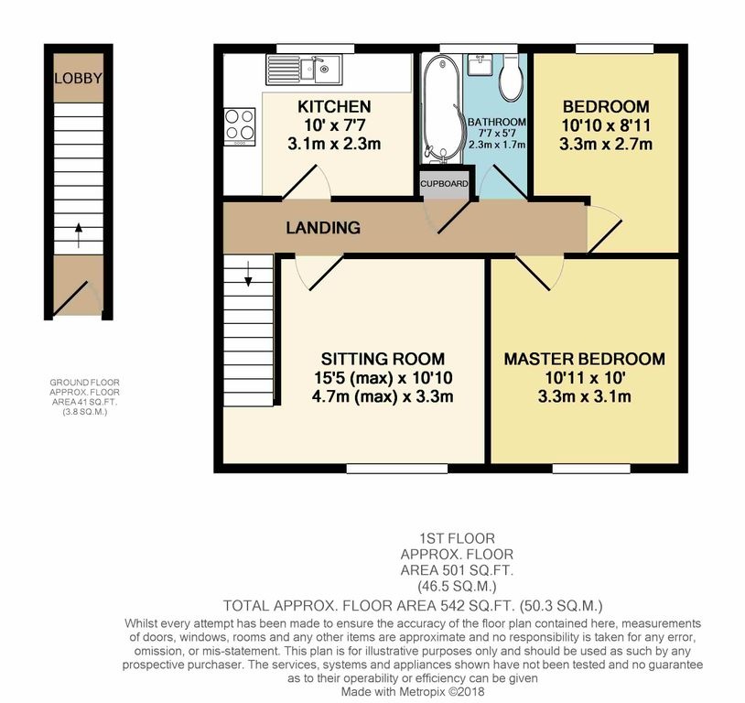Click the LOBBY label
tap(78, 79)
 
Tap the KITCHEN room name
tap(334, 107)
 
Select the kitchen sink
tap(304, 67)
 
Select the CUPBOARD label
tap(446, 184)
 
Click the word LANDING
tap(321, 227)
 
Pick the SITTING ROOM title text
tap(383, 359)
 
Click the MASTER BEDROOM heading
tap(584, 359)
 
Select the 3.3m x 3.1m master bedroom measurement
tap(585, 396)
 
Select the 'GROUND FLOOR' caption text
tap(85, 383)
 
